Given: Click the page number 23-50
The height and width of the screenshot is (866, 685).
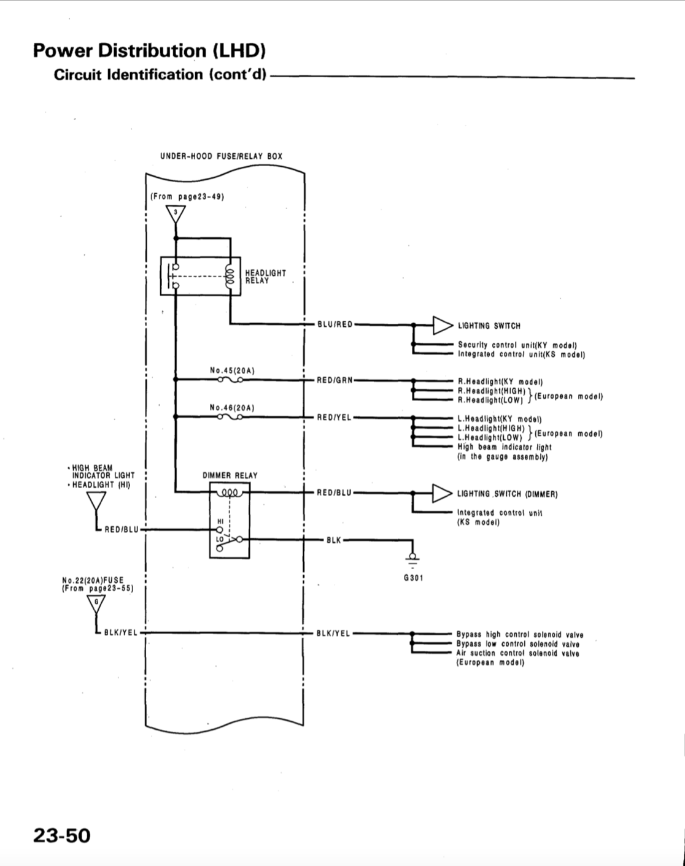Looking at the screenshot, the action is tap(62, 835).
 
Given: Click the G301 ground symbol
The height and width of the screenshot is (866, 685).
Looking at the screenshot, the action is tap(412, 559).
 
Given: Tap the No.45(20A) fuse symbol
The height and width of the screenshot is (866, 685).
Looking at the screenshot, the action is tap(230, 380).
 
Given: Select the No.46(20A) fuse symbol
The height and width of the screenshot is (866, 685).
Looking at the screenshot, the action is tap(230, 417).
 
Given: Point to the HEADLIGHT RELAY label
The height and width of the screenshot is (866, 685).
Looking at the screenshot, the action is tap(266, 277).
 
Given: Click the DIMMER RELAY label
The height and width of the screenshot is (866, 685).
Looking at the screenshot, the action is tap(230, 476).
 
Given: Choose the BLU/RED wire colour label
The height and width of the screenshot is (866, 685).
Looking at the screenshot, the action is tap(335, 324).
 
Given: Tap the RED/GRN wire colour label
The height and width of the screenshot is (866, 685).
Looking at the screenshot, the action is tap(335, 380).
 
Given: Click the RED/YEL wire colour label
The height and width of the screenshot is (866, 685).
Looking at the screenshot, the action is tap(335, 418).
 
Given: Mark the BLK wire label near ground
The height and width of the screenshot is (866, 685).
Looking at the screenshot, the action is tap(334, 540).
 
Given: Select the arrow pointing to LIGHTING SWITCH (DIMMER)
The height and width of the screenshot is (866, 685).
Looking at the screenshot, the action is tap(442, 493).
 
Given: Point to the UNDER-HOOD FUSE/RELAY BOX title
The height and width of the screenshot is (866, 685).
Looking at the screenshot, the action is tap(222, 156).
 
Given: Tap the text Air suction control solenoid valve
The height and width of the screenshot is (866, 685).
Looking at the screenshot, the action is tap(518, 653).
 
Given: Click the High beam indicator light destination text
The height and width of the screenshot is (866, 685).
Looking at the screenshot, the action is tap(505, 447).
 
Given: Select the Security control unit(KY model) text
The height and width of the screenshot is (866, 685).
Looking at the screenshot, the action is tap(518, 345).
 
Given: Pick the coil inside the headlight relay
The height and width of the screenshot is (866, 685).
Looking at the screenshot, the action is tap(230, 275).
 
